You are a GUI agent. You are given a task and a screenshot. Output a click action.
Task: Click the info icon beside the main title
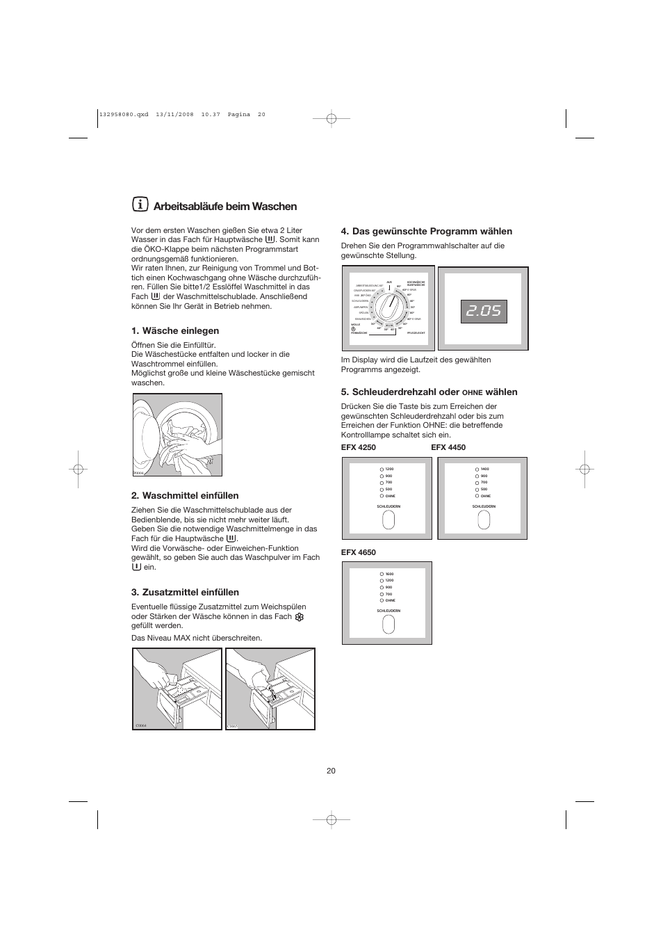point(140,205)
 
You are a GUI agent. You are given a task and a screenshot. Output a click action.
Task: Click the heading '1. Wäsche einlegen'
point(175,331)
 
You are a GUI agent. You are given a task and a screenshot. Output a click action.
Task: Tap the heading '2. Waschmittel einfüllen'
point(185,496)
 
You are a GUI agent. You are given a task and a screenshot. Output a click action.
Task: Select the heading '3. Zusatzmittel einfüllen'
point(185,593)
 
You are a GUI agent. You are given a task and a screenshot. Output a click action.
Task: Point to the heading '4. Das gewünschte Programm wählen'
point(426,232)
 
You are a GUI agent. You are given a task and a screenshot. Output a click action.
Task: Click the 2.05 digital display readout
point(483,311)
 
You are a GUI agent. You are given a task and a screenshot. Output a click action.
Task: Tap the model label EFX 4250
point(358,447)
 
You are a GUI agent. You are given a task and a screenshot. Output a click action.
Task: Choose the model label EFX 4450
point(448,447)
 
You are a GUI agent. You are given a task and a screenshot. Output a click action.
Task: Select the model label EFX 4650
point(358,552)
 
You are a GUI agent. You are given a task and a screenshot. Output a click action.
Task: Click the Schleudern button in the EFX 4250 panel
point(388,520)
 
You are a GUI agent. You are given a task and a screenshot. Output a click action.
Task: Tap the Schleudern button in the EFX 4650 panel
point(388,624)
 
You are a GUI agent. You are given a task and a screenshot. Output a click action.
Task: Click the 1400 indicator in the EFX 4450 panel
point(477,469)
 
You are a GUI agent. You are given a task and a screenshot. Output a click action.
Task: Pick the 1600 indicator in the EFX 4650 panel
point(382,574)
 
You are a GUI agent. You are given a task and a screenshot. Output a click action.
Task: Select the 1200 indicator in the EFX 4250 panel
point(382,469)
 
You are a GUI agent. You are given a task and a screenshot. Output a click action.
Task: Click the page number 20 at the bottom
point(331,771)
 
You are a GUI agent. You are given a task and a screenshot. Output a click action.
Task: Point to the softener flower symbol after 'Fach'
point(300,617)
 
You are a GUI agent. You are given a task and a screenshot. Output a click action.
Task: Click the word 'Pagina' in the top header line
point(238,115)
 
